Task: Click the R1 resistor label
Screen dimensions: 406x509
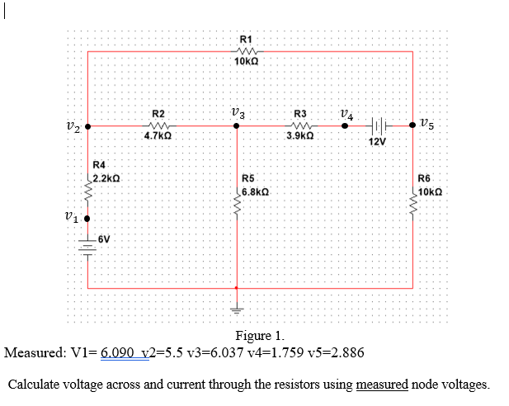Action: point(246,38)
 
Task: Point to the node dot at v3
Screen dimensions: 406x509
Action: point(237,126)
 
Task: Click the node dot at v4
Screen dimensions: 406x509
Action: point(346,126)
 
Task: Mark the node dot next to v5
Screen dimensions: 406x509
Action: point(412,126)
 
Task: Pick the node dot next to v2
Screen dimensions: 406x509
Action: point(87,127)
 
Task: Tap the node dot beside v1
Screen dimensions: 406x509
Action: point(87,219)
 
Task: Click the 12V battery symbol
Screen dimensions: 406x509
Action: point(377,126)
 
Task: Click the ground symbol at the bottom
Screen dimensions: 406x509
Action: point(237,310)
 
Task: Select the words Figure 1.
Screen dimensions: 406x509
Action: point(260,336)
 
